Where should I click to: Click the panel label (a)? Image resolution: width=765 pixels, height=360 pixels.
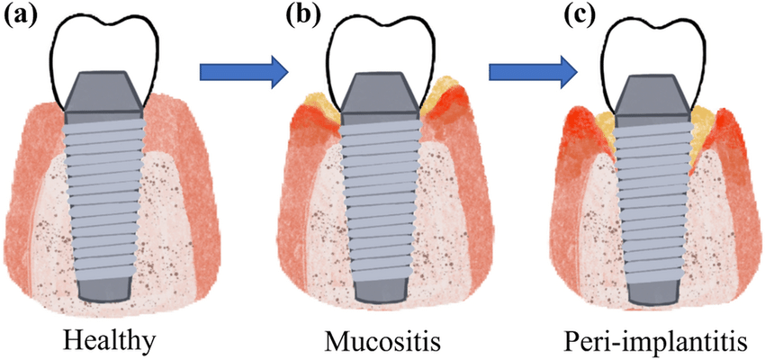click(20, 16)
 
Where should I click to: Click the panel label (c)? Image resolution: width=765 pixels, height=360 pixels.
click(579, 15)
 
